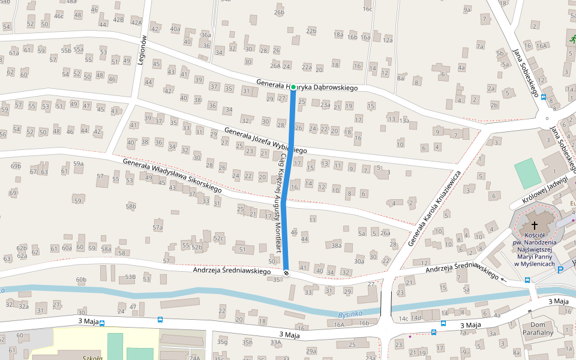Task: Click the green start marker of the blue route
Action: click(x=293, y=88)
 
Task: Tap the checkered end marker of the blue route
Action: click(x=286, y=273)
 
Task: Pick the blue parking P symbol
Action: click(x=560, y=270)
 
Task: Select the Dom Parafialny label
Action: click(x=537, y=328)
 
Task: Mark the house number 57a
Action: click(x=158, y=227)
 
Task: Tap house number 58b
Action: click(x=131, y=206)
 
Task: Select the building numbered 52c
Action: click(x=218, y=238)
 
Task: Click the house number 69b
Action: click(x=16, y=165)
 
